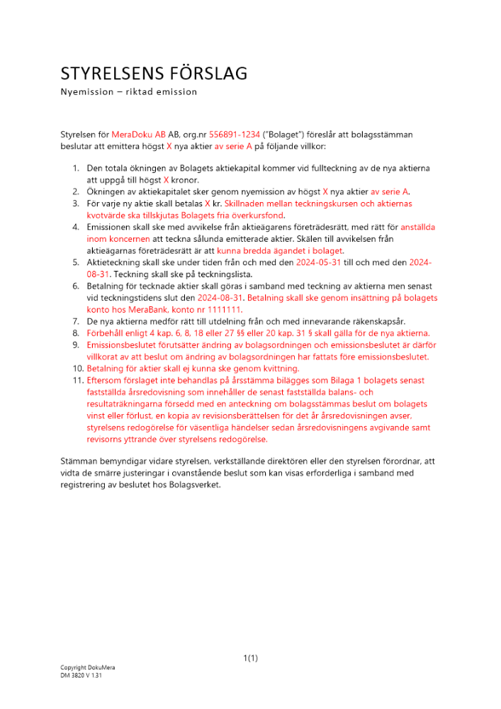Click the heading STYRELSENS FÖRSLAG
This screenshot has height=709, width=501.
(153, 74)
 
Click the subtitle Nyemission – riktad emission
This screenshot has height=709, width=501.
(128, 92)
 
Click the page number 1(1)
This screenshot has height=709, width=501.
(250, 658)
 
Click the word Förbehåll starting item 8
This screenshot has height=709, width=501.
(106, 333)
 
